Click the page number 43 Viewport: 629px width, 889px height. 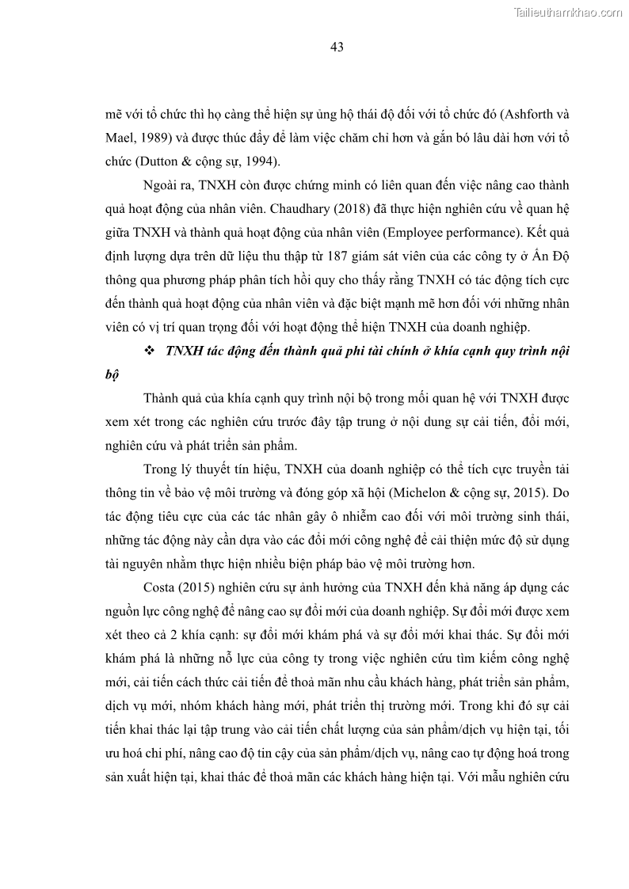click(337, 47)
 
